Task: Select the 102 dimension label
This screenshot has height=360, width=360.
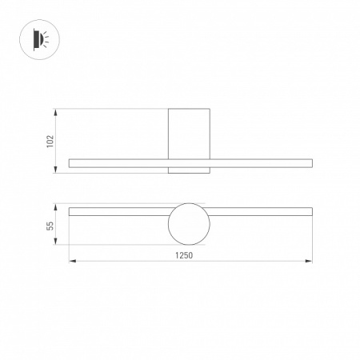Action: point(50,141)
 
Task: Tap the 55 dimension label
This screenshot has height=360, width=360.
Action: point(50,226)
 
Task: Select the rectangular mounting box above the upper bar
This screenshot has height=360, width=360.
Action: point(189,132)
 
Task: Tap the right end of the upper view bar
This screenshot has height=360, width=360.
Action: point(310,163)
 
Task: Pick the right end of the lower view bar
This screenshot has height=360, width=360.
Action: point(310,212)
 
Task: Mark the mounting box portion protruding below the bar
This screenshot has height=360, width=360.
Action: point(189,171)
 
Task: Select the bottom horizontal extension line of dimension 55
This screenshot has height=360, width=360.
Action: point(120,245)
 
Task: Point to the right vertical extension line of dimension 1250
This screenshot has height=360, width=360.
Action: point(312,240)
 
